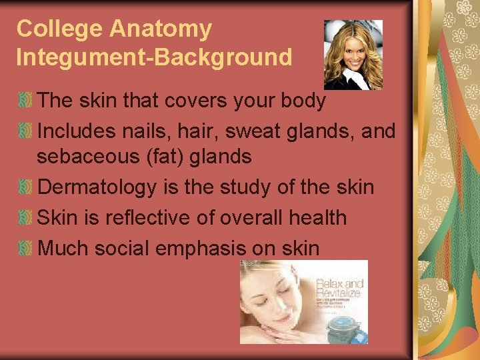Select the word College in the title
[60, 29]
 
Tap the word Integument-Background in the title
[154, 57]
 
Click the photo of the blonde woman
[353, 55]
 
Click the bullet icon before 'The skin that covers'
[25, 101]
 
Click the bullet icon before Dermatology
[25, 188]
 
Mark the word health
[315, 217]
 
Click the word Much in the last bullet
[63, 248]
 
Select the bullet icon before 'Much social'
[25, 248]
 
